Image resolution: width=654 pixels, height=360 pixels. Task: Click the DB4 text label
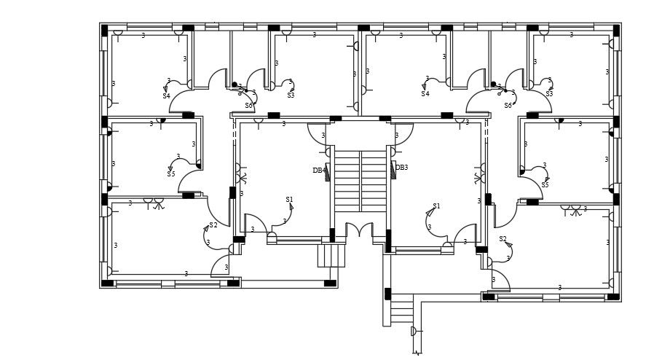(x=318, y=171)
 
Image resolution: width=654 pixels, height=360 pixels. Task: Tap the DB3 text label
(x=401, y=168)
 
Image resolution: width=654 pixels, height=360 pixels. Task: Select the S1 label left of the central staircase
(x=289, y=199)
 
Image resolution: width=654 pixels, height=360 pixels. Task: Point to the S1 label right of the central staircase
(x=436, y=206)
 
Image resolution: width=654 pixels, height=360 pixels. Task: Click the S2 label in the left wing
(x=213, y=225)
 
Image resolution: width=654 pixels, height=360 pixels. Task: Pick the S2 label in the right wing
(x=503, y=239)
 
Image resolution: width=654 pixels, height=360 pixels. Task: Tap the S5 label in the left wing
(x=170, y=174)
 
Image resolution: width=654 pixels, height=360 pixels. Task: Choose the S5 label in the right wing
(x=545, y=185)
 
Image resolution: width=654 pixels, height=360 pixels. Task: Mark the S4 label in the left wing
(x=166, y=96)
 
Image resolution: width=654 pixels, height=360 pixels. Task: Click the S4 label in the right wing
(x=425, y=94)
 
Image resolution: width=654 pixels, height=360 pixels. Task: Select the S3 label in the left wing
(x=291, y=95)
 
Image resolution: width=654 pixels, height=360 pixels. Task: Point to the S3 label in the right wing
(x=549, y=94)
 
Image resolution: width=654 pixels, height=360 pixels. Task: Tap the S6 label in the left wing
(x=249, y=106)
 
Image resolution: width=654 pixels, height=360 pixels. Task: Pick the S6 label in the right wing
(x=508, y=106)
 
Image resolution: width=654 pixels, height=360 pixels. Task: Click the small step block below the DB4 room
(x=331, y=256)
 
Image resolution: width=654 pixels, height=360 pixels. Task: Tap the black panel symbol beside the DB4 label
(x=328, y=172)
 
